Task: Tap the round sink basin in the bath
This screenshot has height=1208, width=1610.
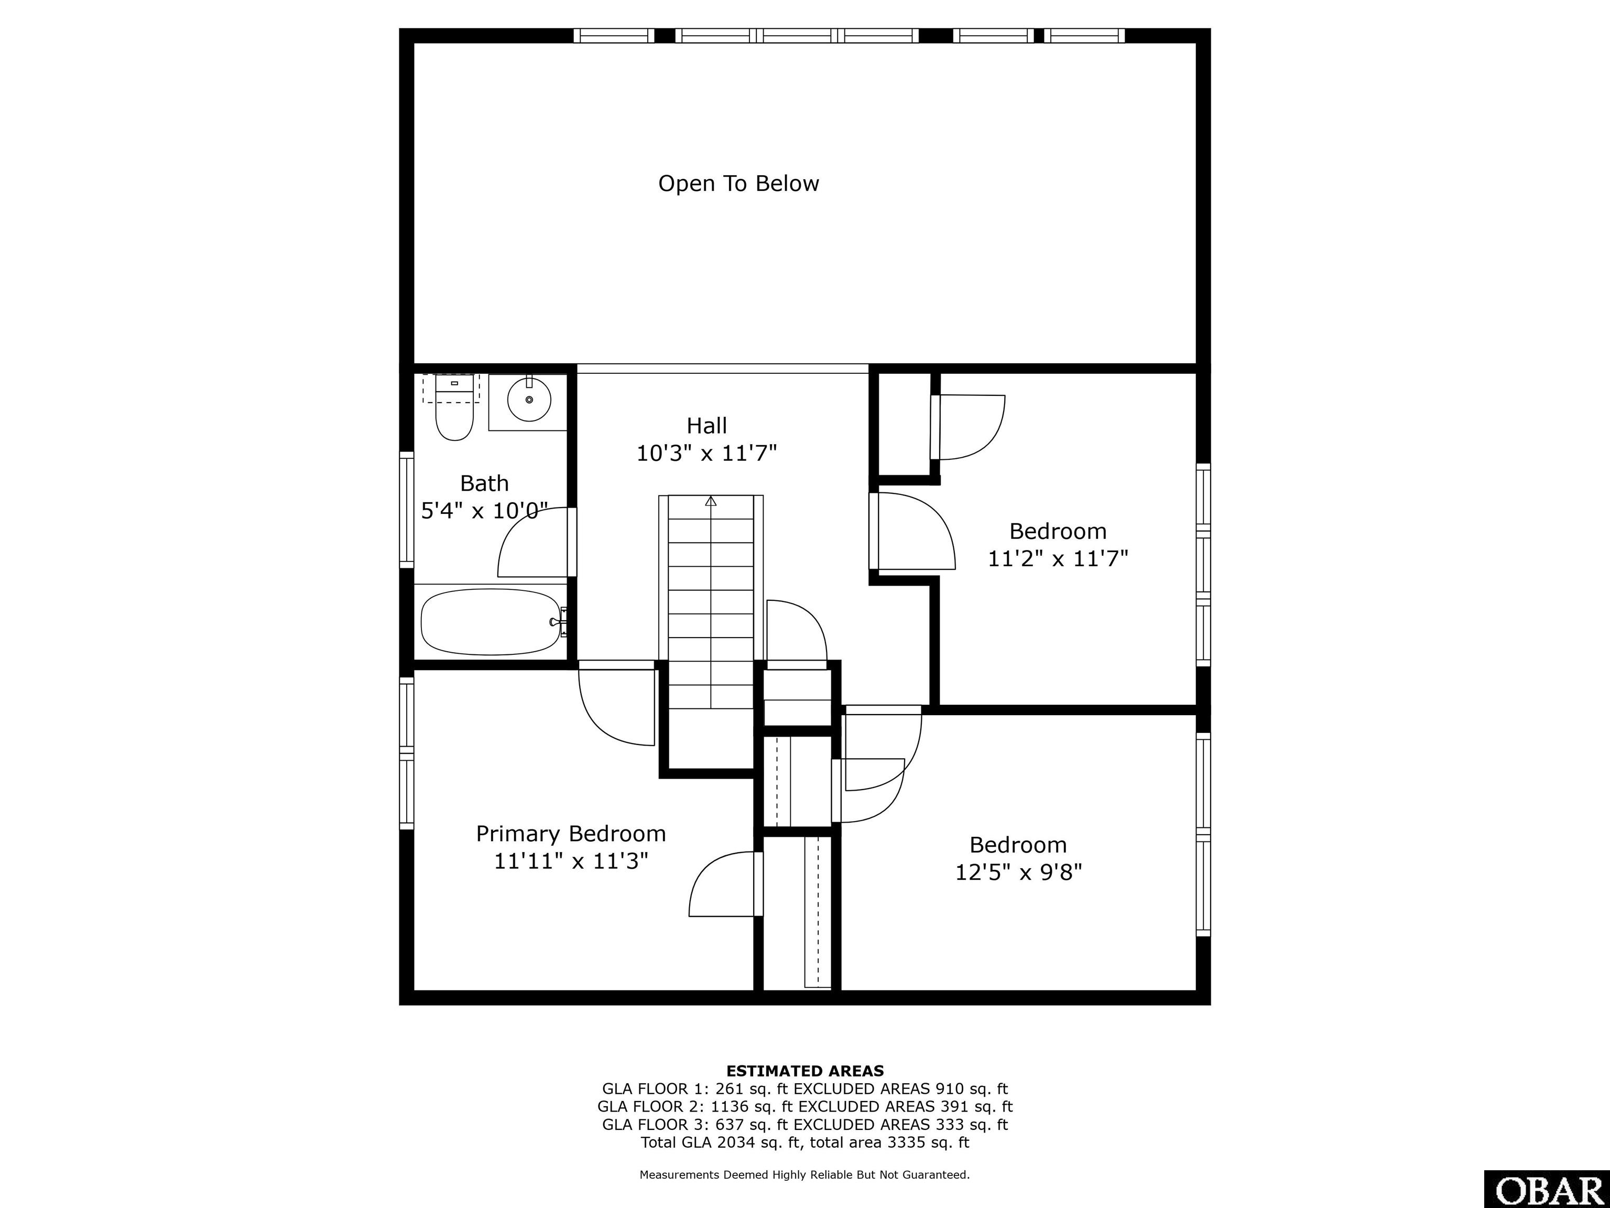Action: [x=529, y=400]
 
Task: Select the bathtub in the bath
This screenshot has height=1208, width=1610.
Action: [x=493, y=621]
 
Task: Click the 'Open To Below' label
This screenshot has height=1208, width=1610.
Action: [x=739, y=184]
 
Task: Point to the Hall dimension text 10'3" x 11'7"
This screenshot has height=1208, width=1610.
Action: [x=707, y=454]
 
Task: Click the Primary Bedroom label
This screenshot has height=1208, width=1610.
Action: [x=571, y=833]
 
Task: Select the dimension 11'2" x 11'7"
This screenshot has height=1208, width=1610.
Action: [x=1058, y=558]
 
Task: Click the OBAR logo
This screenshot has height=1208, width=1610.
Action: [x=1547, y=1189]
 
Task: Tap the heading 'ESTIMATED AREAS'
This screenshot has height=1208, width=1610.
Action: [x=805, y=1071]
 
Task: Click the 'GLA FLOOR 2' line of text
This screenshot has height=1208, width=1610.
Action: [x=805, y=1106]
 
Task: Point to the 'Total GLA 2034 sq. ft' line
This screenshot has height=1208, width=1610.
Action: [x=805, y=1142]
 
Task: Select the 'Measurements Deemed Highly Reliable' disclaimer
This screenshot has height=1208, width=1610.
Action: [x=805, y=1174]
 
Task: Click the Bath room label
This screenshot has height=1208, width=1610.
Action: [x=484, y=483]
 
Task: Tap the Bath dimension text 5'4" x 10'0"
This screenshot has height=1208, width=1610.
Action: [x=484, y=511]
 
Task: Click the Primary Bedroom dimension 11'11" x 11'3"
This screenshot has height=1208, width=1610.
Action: [x=571, y=861]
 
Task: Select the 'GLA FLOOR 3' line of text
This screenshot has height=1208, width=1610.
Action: [x=805, y=1124]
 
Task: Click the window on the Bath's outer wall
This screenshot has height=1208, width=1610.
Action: [x=406, y=510]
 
